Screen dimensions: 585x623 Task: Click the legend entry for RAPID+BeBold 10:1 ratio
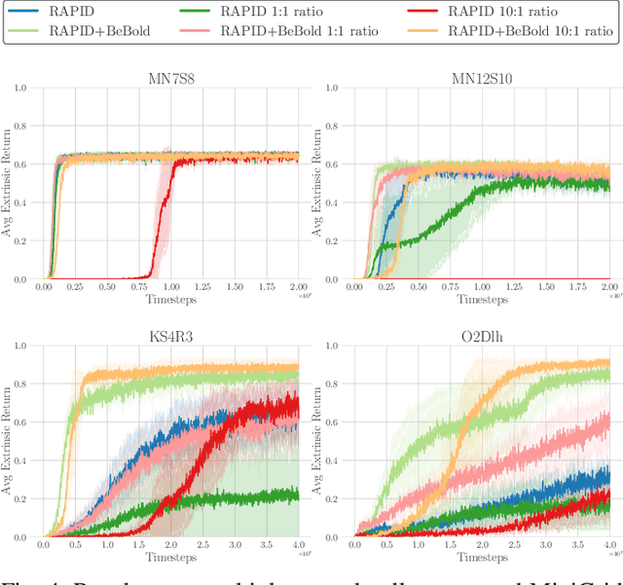pos(531,31)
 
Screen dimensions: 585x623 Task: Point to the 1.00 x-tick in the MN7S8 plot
pos(171,287)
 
